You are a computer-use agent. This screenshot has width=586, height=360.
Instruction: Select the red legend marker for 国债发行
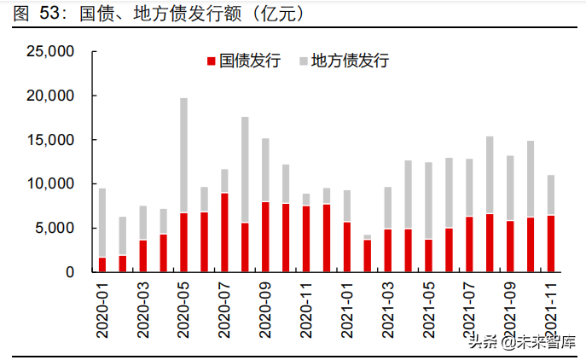tap(211, 61)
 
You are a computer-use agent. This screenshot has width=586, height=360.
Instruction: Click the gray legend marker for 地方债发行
tap(303, 61)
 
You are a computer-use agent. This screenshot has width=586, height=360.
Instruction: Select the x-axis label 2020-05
tap(184, 310)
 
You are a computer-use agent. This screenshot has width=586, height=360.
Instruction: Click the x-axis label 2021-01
tap(347, 310)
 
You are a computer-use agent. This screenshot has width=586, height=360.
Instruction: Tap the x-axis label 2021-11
tap(552, 310)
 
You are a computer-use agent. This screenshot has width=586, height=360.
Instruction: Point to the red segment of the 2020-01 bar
tap(102, 264)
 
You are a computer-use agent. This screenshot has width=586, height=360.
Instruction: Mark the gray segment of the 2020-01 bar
tap(102, 223)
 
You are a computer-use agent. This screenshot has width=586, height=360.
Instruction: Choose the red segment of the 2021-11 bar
tap(551, 243)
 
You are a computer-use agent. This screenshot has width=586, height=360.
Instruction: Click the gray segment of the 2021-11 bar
tap(551, 195)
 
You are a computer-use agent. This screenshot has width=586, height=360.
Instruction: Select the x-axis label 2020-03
tap(143, 310)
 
